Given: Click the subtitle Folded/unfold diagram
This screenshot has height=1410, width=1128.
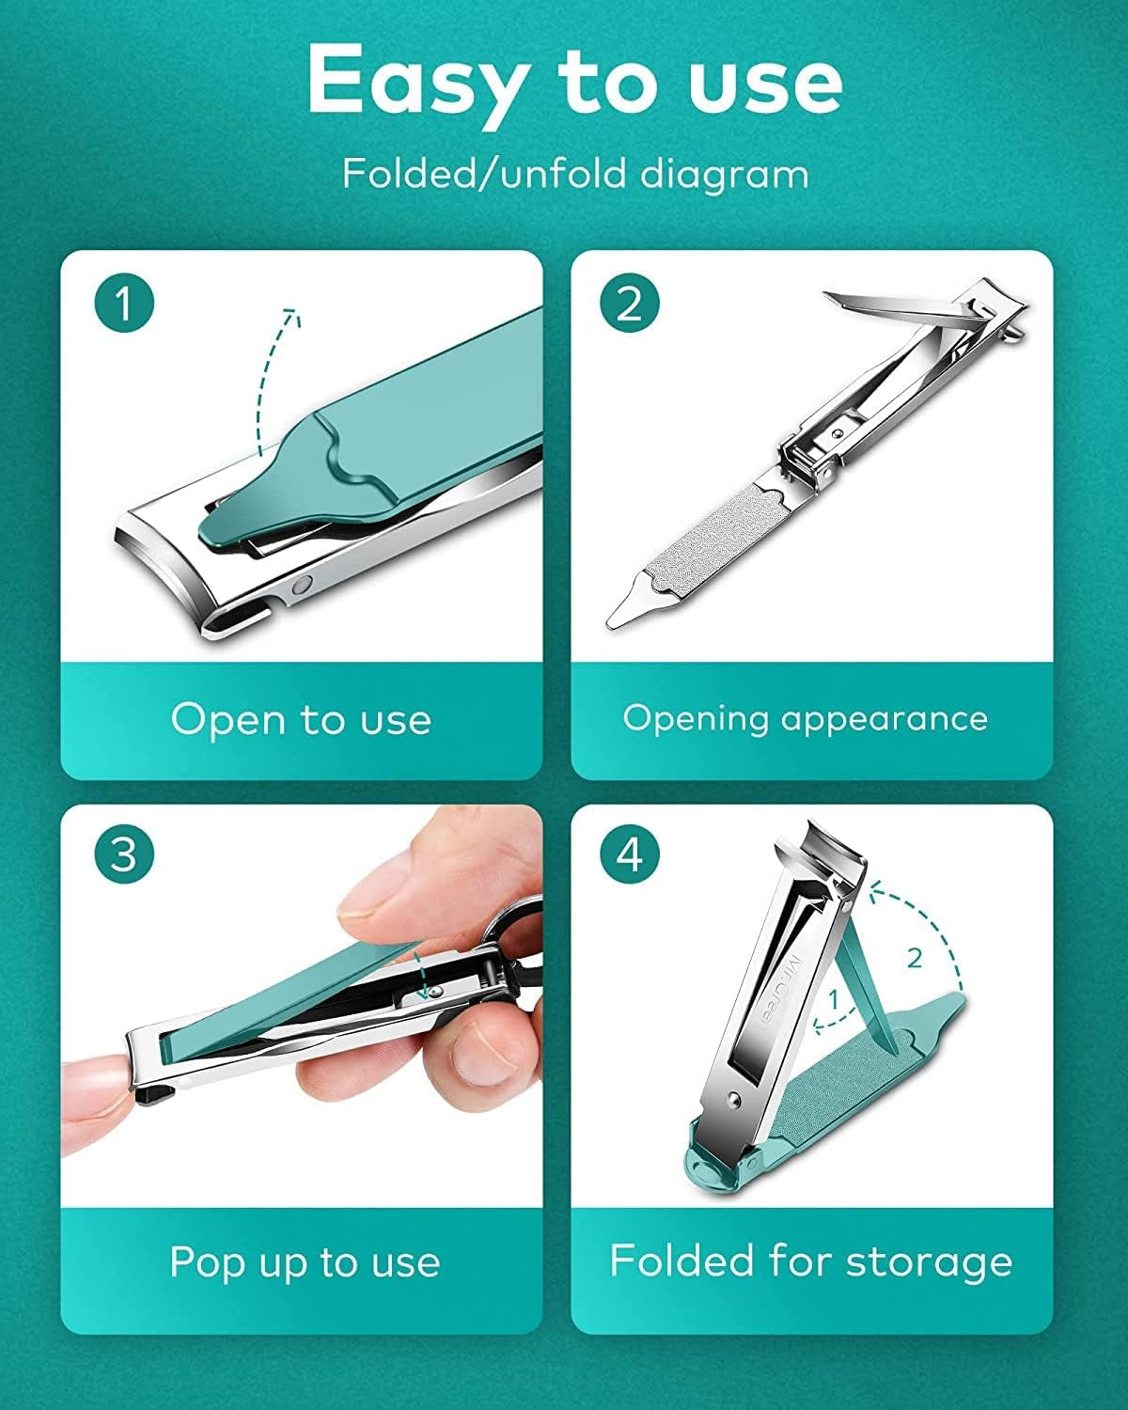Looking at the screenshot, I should (574, 175).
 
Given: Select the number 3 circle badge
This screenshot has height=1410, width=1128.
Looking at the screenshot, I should (124, 854).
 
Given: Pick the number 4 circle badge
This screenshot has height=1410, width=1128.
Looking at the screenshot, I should (629, 854).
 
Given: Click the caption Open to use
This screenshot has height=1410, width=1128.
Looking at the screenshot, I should (301, 720).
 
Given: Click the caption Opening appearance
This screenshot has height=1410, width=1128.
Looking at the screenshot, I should (806, 719).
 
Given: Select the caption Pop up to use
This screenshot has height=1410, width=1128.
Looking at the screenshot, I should (304, 1261).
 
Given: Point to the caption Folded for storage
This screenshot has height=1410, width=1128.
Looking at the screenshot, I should (810, 1261).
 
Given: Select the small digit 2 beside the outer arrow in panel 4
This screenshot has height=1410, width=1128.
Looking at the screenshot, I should (915, 959).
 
